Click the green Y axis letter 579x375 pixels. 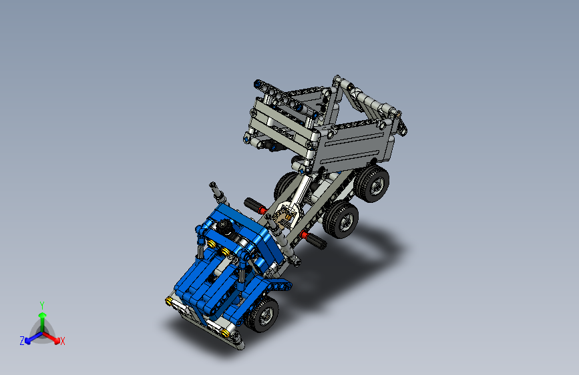pos(41,304)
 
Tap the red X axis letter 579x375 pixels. pos(63,341)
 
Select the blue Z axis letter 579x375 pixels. pos(22,340)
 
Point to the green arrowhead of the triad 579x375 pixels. pos(42,316)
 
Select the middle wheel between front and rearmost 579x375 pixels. pos(341,219)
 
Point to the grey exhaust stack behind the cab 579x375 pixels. pos(218,193)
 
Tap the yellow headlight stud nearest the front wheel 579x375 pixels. pos(229,333)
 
